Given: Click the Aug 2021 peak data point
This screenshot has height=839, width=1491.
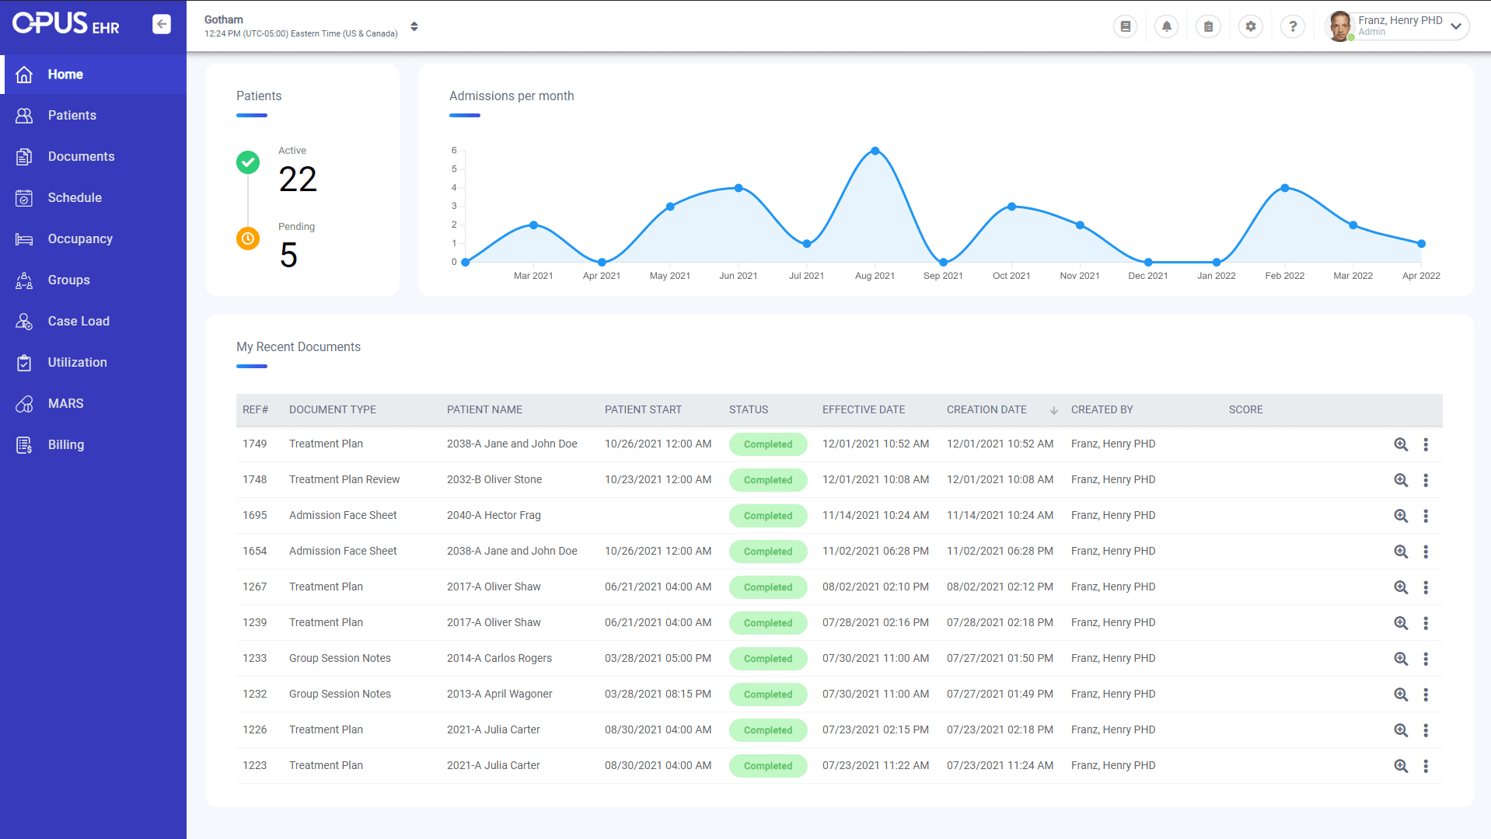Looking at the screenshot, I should click(875, 151).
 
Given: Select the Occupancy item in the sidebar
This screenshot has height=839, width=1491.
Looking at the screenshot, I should click(79, 238).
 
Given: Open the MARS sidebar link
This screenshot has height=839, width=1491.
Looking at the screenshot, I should click(65, 403).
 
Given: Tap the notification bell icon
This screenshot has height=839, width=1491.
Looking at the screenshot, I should click(1166, 26).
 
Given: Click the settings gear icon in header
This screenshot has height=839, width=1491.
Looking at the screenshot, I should click(1250, 26).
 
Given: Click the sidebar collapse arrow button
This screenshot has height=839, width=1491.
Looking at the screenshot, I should click(162, 24).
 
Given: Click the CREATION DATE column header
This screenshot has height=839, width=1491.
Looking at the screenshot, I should click(986, 409).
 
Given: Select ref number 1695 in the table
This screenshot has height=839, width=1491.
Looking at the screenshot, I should click(254, 515).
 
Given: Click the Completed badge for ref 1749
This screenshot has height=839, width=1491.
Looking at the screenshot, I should click(767, 444).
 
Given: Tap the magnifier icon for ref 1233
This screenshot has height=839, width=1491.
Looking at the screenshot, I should click(1400, 659).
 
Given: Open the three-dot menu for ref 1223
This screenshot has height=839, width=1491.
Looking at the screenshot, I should click(1425, 766).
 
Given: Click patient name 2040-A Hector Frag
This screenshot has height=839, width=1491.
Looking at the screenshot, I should click(494, 515).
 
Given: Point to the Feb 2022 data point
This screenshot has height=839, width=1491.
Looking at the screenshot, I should click(1284, 188).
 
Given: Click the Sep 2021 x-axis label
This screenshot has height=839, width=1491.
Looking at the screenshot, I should click(942, 276).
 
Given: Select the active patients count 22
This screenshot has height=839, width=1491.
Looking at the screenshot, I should click(298, 179).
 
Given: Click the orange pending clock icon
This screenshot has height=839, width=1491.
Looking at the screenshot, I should click(248, 238).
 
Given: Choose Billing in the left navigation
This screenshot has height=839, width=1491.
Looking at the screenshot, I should click(65, 444).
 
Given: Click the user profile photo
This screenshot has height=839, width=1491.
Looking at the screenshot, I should click(1339, 26).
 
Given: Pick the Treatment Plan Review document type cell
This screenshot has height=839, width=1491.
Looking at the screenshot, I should click(344, 479).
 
